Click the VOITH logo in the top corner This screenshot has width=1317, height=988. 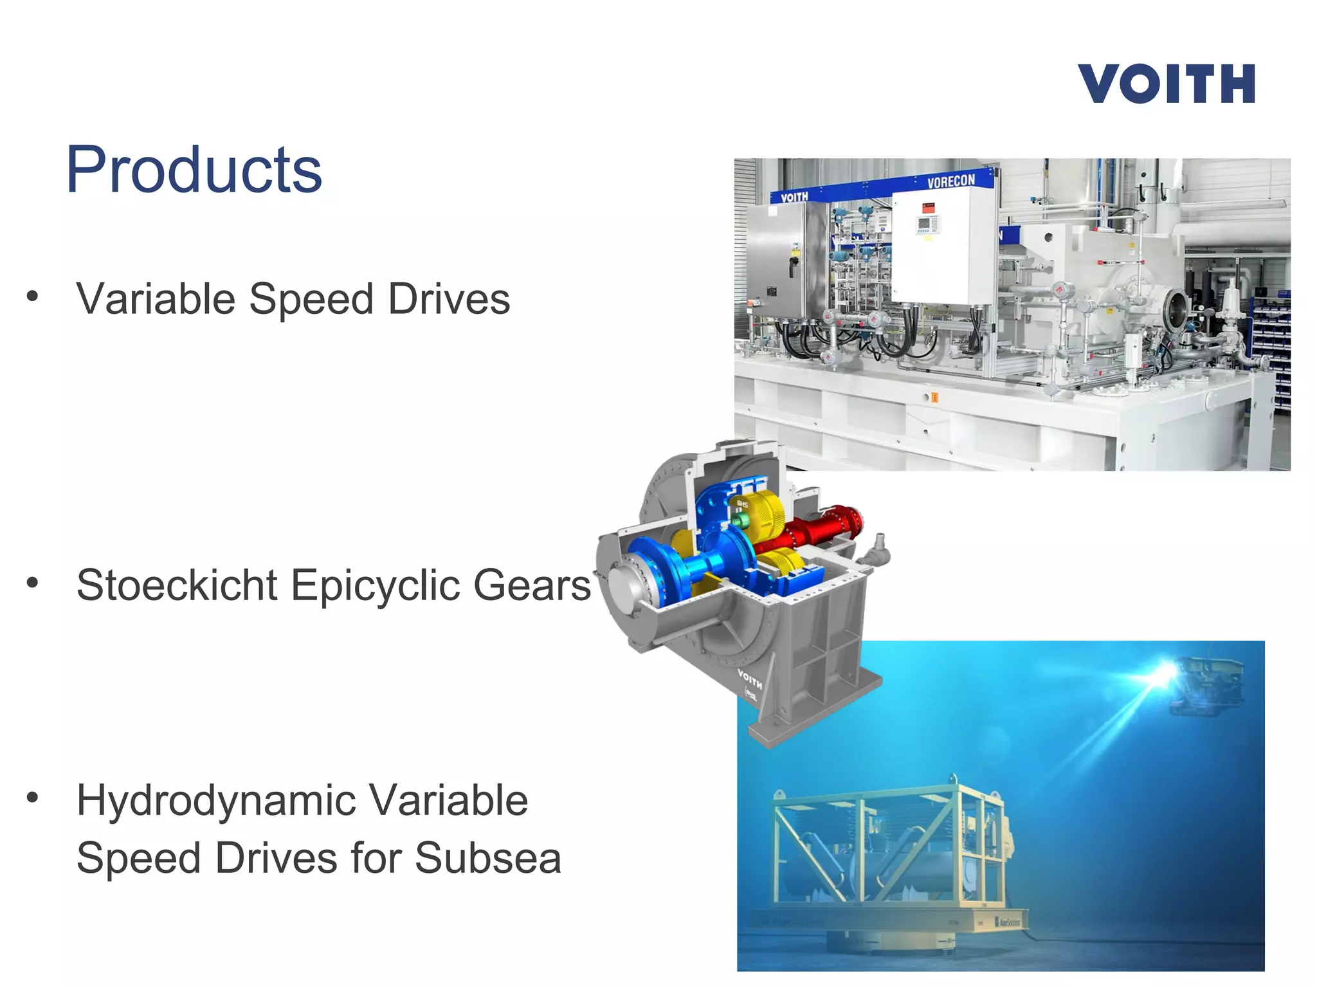point(1167,84)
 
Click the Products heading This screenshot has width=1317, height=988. point(194,169)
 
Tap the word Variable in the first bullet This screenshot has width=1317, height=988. point(156,299)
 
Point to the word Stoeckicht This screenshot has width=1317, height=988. point(177,585)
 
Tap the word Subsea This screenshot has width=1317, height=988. point(488,858)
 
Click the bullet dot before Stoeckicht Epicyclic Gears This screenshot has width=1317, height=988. point(32,583)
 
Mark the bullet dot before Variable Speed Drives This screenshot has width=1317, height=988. point(32,297)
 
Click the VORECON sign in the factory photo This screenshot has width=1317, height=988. point(951,181)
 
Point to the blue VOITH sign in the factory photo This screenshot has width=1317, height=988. point(794,197)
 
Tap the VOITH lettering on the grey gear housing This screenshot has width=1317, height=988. point(749,678)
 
